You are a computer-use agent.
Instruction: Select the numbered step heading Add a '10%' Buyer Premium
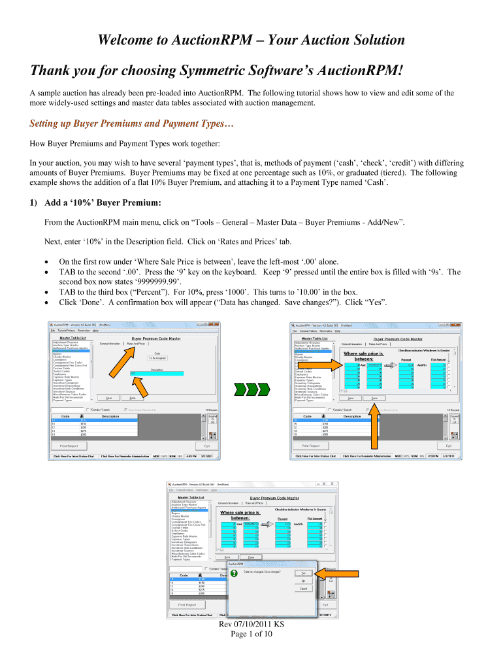point(97,203)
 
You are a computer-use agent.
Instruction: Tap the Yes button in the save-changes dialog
point(304,573)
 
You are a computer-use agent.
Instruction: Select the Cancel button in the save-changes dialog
point(304,589)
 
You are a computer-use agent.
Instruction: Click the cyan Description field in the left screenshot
point(157,373)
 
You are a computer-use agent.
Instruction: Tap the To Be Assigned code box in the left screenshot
point(157,358)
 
